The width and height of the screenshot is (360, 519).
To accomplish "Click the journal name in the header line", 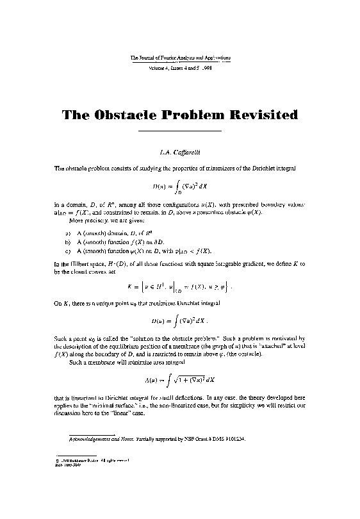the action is (180, 58).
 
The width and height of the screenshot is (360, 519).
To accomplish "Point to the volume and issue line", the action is (180, 67).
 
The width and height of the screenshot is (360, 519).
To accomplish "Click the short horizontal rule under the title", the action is (180, 131).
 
